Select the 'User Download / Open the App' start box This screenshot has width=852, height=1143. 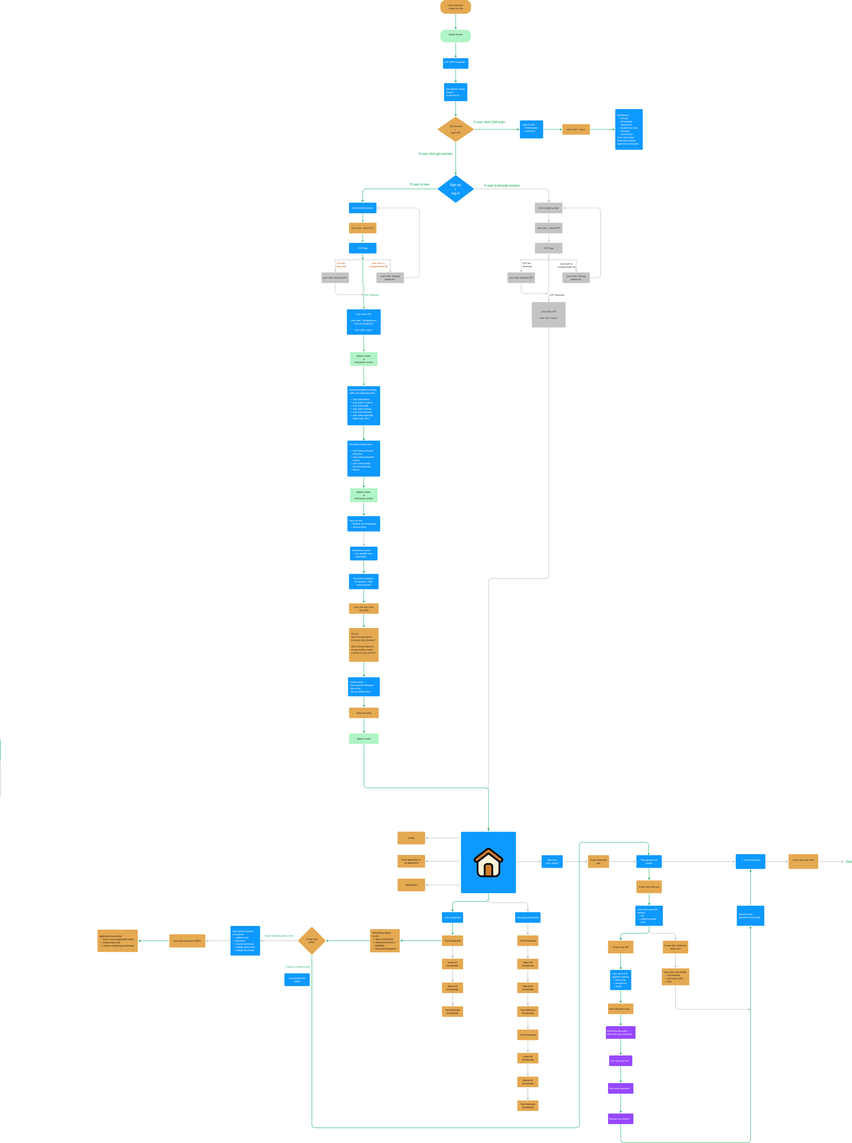click(x=455, y=7)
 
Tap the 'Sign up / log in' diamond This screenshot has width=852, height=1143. click(x=455, y=189)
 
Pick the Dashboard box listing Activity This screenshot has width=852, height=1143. click(x=629, y=129)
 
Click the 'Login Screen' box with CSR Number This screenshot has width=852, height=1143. click(x=531, y=129)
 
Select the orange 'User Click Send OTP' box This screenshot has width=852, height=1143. click(x=363, y=228)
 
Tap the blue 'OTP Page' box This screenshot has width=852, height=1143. click(x=363, y=248)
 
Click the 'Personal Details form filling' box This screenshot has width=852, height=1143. click(x=364, y=405)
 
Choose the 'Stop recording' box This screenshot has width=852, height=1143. click(x=364, y=713)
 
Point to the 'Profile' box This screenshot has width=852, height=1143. click(x=411, y=838)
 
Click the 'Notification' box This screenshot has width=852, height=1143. click(x=411, y=885)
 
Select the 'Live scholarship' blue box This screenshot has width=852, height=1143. click(x=452, y=918)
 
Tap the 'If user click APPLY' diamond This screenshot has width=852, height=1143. click(x=312, y=941)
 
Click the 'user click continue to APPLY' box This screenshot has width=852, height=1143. click(x=187, y=941)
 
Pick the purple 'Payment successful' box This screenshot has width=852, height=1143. click(x=621, y=1119)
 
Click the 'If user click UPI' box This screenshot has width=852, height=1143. click(x=621, y=947)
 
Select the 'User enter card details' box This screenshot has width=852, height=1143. click(x=675, y=977)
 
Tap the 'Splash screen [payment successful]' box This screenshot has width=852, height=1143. click(x=750, y=915)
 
